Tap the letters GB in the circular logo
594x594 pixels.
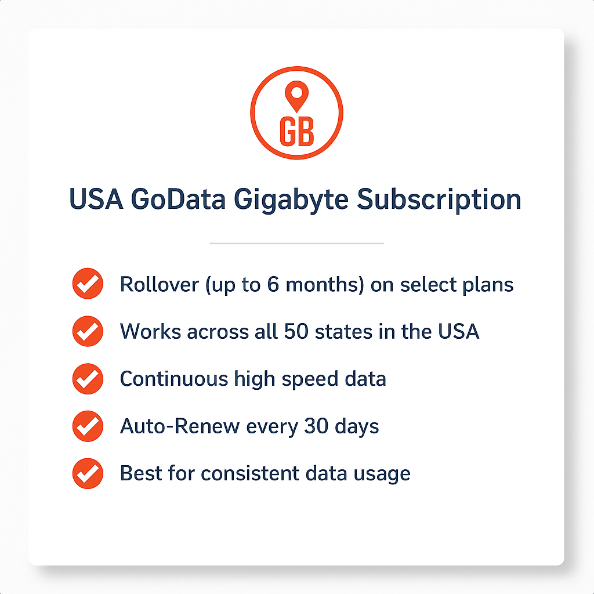pyautogui.click(x=296, y=132)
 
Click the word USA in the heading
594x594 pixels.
pyautogui.click(x=95, y=200)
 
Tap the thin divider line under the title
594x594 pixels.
pyautogui.click(x=296, y=244)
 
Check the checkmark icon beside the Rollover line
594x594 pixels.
pyautogui.click(x=88, y=284)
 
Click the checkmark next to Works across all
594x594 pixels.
pyautogui.click(x=88, y=332)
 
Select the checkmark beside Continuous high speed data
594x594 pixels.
pyautogui.click(x=88, y=379)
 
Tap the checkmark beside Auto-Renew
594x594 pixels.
pyautogui.click(x=88, y=426)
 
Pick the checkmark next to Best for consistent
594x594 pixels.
pyautogui.click(x=88, y=473)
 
